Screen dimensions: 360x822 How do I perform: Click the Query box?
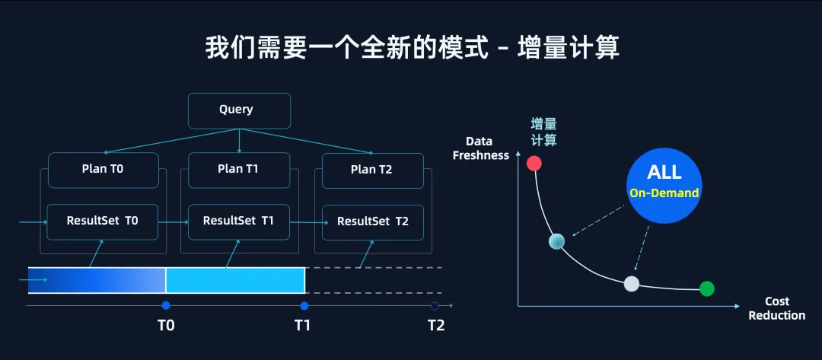(x=239, y=110)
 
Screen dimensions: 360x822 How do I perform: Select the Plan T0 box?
(x=103, y=170)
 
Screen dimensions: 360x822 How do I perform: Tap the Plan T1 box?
(x=239, y=169)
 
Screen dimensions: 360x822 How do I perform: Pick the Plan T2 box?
(x=372, y=170)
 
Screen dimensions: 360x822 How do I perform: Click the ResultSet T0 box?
(x=103, y=221)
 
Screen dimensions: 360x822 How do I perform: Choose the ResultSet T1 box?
(x=239, y=221)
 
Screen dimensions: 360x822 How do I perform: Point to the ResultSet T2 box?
(x=372, y=221)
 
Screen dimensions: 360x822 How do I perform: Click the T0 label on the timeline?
(x=166, y=326)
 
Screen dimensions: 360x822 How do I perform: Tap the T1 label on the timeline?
(x=303, y=326)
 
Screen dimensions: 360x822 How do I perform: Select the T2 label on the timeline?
(x=435, y=326)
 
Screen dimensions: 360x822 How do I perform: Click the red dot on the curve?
(x=534, y=163)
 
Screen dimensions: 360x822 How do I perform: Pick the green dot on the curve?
(x=707, y=288)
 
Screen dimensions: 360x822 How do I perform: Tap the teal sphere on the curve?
(x=557, y=242)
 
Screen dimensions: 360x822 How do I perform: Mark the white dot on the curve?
(x=631, y=284)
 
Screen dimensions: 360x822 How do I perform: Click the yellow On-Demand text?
(x=664, y=193)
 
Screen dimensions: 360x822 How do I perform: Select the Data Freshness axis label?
(x=480, y=148)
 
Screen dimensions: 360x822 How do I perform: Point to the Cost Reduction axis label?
(x=776, y=308)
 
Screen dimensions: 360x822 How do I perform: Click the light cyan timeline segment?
(x=235, y=280)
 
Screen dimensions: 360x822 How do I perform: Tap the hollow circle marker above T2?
(x=435, y=306)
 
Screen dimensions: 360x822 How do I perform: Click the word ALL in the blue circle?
(x=664, y=171)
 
